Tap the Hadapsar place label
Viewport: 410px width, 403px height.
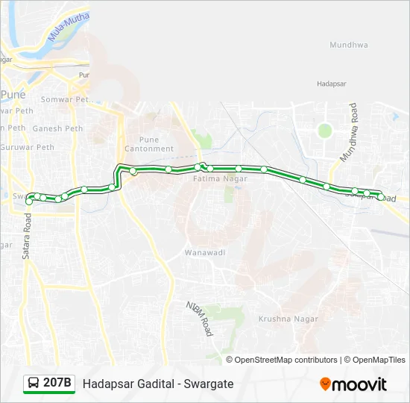pos(332,84)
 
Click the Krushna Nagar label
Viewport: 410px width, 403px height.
pos(288,319)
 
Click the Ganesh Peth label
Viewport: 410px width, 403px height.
pos(57,128)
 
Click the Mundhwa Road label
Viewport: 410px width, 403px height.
pos(350,134)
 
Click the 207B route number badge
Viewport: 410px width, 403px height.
pos(57,384)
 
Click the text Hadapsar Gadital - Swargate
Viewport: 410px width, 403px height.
pos(158,384)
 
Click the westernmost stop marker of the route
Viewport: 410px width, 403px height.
pos(29,201)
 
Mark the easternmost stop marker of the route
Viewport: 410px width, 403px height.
pos(381,197)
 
